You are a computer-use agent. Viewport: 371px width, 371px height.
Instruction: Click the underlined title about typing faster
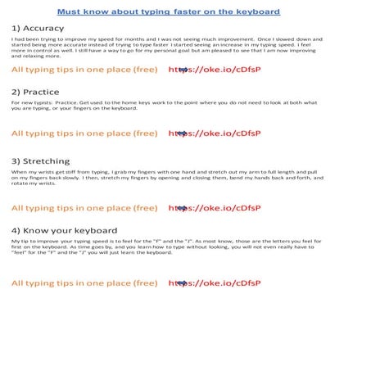(169, 11)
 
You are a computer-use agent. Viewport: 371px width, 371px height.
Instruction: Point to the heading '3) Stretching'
(40, 161)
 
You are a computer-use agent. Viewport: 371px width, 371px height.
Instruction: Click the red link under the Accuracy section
(215, 70)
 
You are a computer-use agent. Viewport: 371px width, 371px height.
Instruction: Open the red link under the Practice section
(215, 133)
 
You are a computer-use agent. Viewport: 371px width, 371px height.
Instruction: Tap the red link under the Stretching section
(215, 208)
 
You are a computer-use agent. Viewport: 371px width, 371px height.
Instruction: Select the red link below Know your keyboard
(215, 283)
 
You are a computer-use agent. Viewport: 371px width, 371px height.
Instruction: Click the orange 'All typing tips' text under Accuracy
(84, 70)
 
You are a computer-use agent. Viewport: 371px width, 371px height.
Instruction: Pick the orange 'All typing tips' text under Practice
(84, 133)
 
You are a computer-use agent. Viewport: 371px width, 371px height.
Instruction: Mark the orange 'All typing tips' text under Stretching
(84, 208)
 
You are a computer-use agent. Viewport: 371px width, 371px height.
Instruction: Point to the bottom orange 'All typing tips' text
(84, 283)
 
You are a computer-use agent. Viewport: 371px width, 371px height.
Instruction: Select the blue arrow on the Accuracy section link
(182, 70)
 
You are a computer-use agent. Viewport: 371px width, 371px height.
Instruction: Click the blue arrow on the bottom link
(182, 283)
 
